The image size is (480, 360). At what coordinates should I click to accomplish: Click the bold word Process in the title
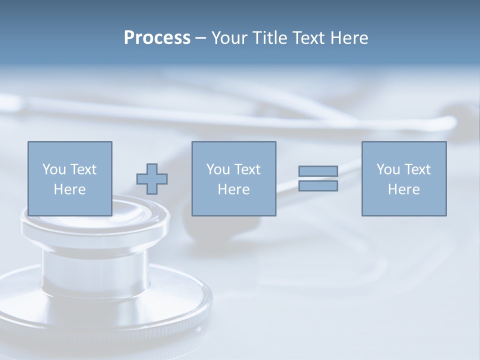[x=157, y=38]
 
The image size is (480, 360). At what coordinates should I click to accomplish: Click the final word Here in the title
[x=349, y=38]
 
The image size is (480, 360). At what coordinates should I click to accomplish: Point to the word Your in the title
[x=228, y=38]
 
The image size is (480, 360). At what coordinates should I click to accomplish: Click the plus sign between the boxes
[x=152, y=179]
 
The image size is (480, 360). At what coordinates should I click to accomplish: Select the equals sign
[x=318, y=178]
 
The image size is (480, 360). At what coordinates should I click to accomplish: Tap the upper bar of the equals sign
[x=318, y=171]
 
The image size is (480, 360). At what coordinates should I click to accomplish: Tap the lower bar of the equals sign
[x=318, y=186]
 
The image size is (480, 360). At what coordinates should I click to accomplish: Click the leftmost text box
[x=70, y=178]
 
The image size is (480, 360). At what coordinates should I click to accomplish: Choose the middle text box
[x=233, y=178]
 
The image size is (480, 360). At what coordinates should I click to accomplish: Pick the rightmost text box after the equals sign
[x=403, y=178]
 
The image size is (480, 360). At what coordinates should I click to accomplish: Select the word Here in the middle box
[x=233, y=189]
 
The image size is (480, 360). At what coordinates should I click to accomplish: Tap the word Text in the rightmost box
[x=417, y=169]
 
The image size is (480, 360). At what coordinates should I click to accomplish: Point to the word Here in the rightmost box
[x=403, y=189]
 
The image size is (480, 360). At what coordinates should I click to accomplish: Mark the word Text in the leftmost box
[x=83, y=169]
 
